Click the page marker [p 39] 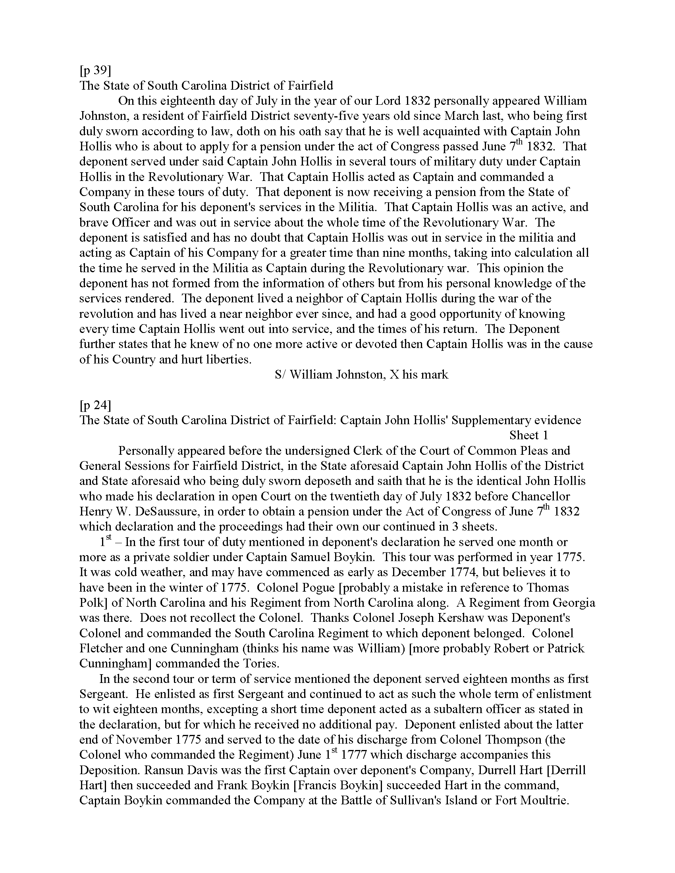coord(95,70)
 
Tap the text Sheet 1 coord(528,435)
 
